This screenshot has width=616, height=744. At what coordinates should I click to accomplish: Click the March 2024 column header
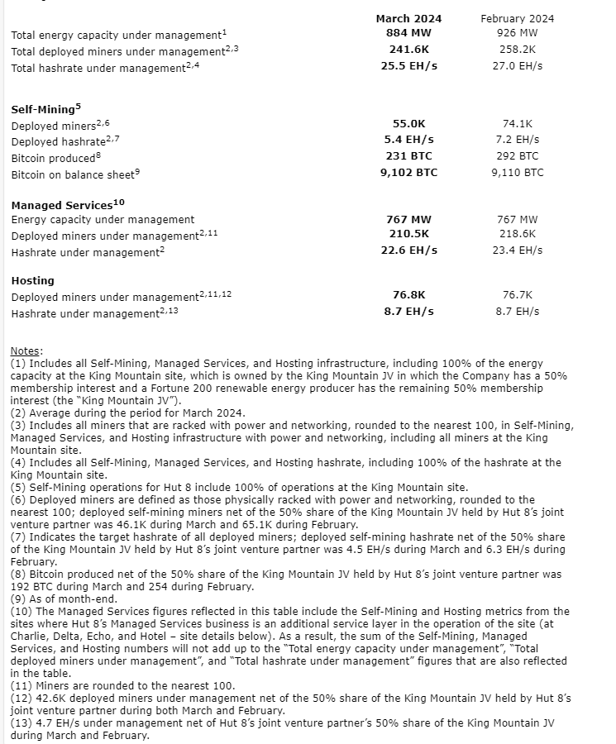408,18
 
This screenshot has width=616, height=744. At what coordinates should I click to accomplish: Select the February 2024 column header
518,18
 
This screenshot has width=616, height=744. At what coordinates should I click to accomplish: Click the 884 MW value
408,33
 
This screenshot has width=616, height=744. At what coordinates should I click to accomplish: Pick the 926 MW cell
518,33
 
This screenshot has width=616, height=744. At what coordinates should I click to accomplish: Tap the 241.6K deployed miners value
408,50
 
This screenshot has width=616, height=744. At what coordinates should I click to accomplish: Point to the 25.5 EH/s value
408,65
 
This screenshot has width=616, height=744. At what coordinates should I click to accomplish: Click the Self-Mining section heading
45,109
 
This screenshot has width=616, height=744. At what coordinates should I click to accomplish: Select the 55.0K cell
408,124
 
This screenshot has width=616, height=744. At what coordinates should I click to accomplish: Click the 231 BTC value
408,156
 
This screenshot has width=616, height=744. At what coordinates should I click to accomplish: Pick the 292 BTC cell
518,156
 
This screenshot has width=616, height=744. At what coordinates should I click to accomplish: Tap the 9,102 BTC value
408,173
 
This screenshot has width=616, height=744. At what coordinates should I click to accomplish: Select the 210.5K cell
408,235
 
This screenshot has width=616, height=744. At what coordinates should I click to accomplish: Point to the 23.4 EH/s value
518,250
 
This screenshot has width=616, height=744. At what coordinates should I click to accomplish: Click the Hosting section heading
33,281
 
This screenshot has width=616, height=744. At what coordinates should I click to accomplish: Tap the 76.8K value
408,295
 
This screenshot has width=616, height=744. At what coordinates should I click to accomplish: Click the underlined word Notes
26,352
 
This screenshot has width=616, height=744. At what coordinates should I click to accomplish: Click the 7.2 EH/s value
518,140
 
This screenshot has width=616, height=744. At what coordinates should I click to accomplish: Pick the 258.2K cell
518,50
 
